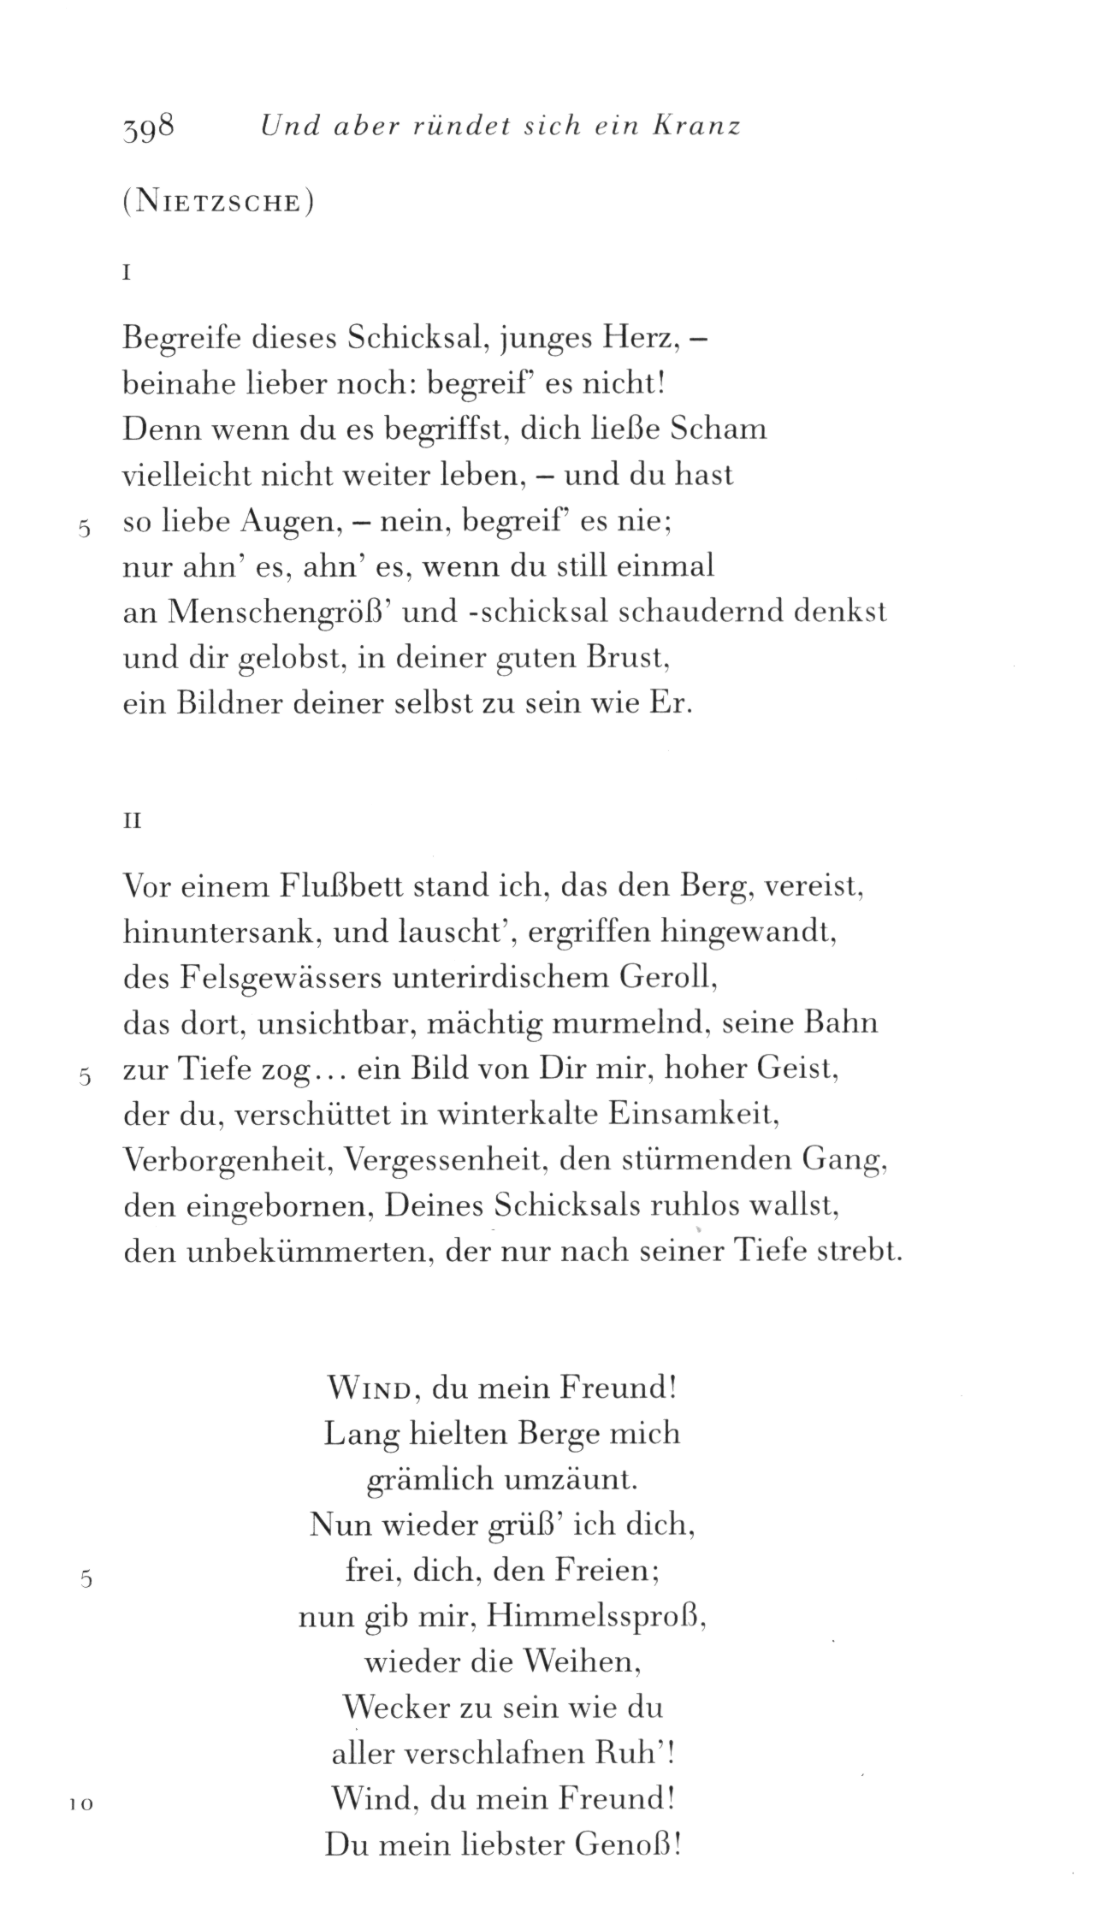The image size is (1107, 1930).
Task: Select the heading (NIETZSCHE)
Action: click(x=218, y=205)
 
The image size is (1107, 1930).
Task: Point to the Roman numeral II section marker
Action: click(x=132, y=821)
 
